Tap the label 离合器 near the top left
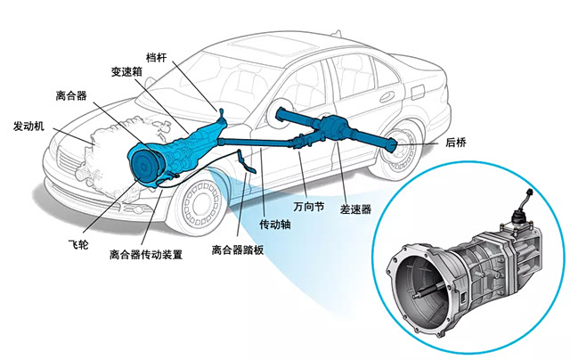(69, 94)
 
